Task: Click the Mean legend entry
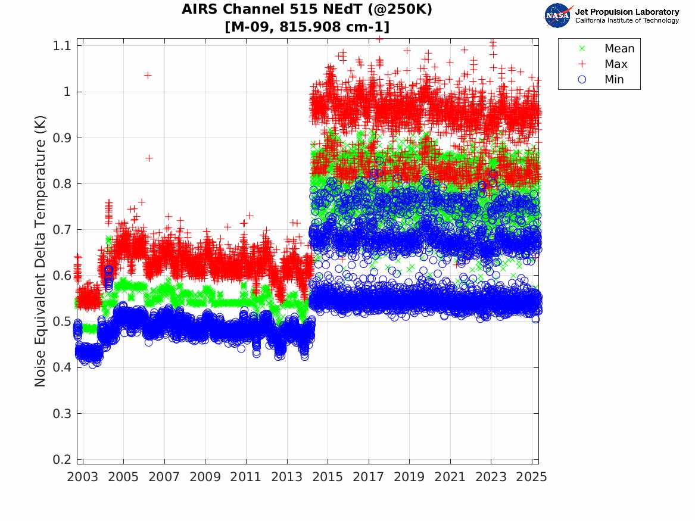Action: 619,49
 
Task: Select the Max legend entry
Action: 615,64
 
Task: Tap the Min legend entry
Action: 614,80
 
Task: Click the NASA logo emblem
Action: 557,15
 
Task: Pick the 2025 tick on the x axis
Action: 532,477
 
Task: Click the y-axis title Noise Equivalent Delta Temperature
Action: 40,253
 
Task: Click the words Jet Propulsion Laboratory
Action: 627,12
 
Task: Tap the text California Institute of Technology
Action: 627,21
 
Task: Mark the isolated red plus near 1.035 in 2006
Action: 148,75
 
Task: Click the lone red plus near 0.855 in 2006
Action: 149,158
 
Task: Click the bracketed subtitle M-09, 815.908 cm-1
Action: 307,27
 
